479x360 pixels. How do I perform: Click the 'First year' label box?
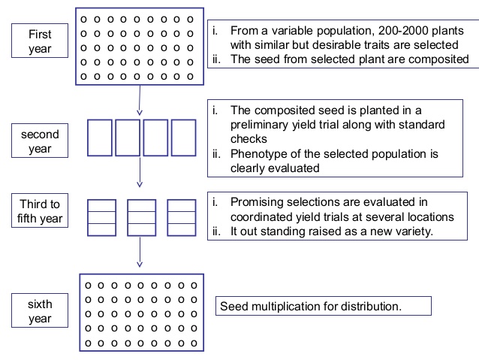coord(41,42)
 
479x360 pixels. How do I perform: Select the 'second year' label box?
coord(41,141)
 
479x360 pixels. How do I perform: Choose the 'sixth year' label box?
coord(41,310)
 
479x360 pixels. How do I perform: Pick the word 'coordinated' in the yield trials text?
coord(264,217)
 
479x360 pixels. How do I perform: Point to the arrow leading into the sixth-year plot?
coord(140,249)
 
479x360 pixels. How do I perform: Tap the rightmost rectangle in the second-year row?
coord(182,138)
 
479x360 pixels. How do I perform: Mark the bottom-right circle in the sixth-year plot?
coord(194,343)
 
